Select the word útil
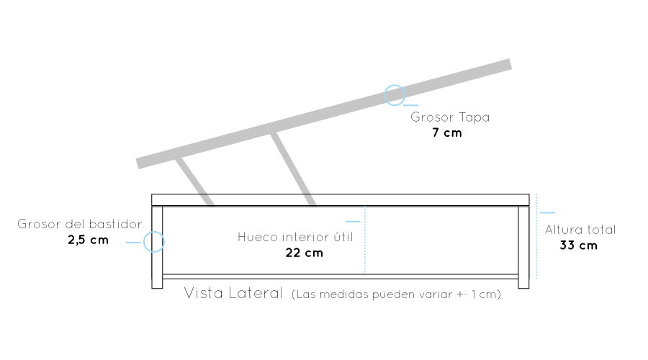[x=344, y=236]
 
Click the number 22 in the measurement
[x=292, y=253]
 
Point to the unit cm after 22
[x=315, y=253]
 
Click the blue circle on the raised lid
[x=395, y=95]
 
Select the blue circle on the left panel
[x=154, y=242]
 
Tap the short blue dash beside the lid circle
[x=410, y=106]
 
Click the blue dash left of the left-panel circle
[x=133, y=243]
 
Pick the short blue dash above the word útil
[x=353, y=221]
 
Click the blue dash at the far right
[x=547, y=212]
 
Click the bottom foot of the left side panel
[x=157, y=282]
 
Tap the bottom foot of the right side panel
[x=523, y=282]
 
